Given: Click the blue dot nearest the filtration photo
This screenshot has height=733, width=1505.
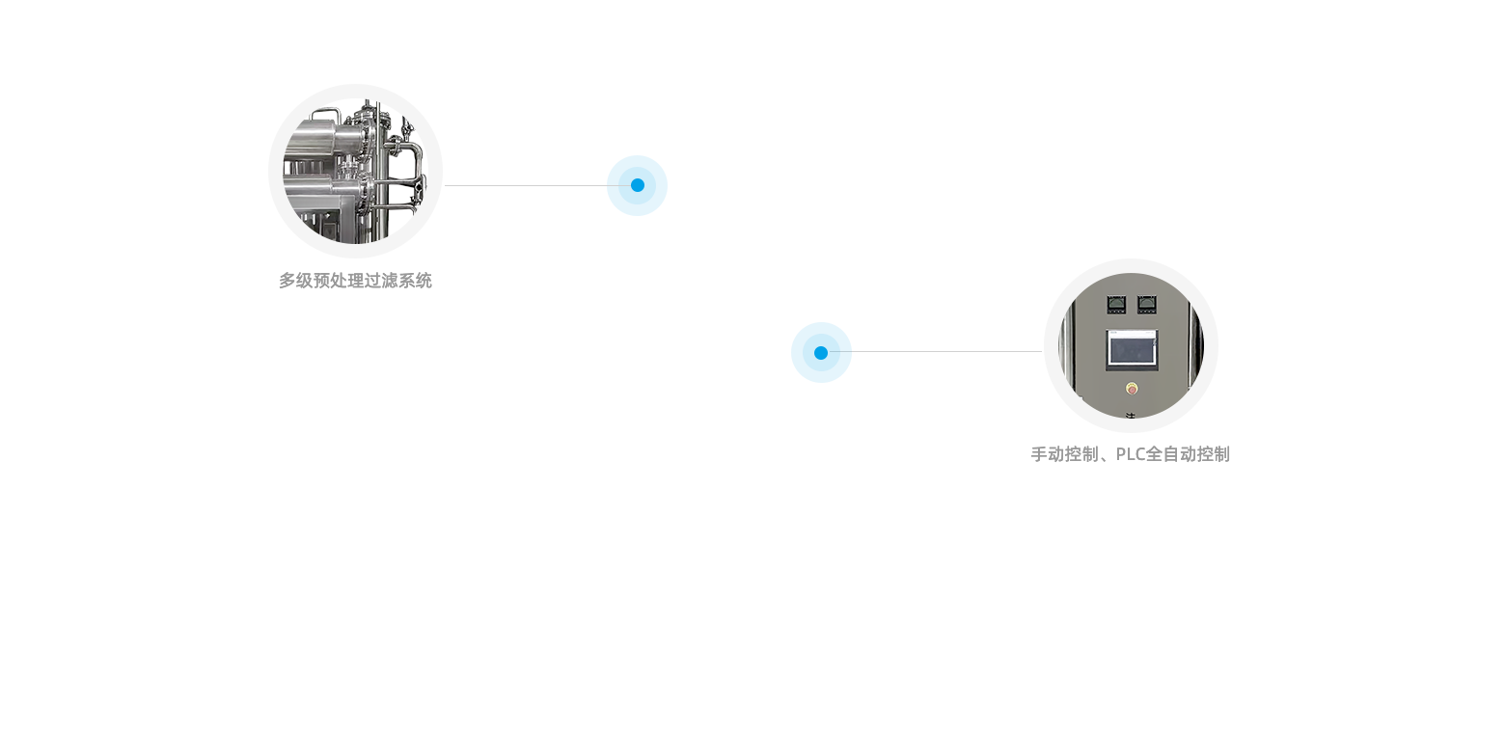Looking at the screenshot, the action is [638, 185].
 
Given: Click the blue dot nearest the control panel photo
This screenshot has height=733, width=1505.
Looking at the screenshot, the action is [821, 353].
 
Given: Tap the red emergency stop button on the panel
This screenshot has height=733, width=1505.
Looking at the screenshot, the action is [1132, 389].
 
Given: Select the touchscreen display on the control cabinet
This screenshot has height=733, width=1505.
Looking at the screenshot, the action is [1132, 349].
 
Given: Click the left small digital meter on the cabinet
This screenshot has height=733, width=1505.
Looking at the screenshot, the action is [1116, 305].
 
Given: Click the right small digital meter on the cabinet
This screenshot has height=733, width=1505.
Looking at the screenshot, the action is [1147, 305].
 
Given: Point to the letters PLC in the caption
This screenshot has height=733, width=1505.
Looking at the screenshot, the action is [1130, 455].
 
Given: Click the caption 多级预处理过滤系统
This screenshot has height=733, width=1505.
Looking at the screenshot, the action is [355, 281].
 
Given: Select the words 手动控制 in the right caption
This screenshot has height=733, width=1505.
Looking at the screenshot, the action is [1066, 455].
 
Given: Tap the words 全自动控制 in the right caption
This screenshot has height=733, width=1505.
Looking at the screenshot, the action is [1188, 455].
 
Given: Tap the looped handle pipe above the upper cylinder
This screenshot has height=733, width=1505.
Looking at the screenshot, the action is [326, 113].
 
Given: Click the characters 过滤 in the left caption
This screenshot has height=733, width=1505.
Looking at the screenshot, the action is [381, 281].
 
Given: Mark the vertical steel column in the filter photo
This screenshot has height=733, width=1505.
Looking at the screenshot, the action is [382, 172].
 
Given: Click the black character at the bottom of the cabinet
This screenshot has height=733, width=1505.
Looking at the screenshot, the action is [1131, 416].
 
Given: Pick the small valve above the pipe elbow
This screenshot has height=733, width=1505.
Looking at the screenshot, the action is [406, 126].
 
